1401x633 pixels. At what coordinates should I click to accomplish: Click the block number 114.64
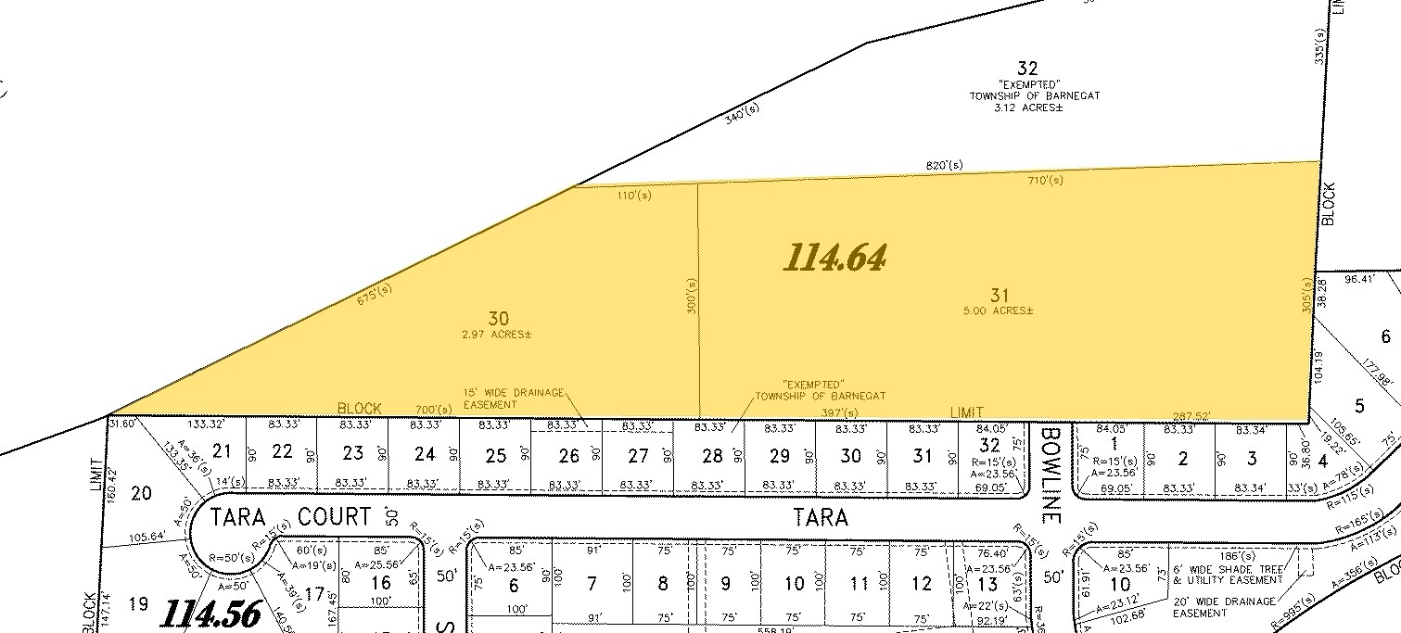(x=834, y=258)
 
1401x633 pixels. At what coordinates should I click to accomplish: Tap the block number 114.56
(x=211, y=614)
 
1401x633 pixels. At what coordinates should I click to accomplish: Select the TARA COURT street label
(x=290, y=516)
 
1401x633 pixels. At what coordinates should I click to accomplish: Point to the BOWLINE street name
(x=1050, y=462)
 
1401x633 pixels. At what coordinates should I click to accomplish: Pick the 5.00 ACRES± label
(x=999, y=310)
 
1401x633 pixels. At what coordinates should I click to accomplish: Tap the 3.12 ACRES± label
(x=1027, y=108)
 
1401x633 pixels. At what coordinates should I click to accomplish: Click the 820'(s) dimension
(x=944, y=166)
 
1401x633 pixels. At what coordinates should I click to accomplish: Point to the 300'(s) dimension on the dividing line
(x=692, y=298)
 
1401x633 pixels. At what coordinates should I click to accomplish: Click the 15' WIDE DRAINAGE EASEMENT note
(x=513, y=399)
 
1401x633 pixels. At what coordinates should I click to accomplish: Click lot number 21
(x=222, y=451)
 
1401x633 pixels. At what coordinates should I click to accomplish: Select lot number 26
(x=568, y=455)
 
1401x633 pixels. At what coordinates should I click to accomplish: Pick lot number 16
(x=380, y=583)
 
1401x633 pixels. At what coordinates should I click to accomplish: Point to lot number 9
(x=726, y=584)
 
